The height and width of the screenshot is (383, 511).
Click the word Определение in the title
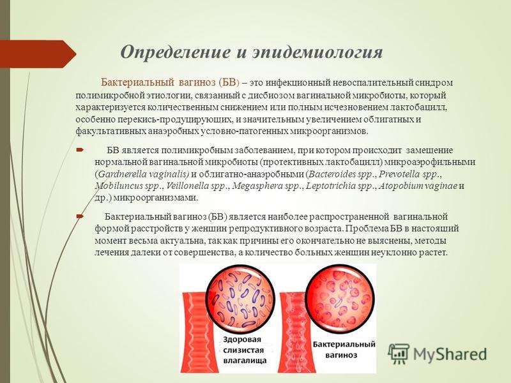pos(175,52)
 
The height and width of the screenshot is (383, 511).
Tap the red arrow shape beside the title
pos(38,54)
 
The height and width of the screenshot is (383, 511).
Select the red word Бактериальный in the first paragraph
pos(137,82)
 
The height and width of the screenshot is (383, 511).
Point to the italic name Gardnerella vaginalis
pos(143,174)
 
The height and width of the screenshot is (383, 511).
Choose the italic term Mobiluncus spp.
pos(128,186)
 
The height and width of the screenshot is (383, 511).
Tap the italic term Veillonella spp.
pos(197,186)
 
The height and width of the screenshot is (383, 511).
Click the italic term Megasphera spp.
pos(266,186)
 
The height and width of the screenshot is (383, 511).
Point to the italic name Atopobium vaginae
pos(418,186)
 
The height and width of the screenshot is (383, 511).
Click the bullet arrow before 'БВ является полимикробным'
pos(80,151)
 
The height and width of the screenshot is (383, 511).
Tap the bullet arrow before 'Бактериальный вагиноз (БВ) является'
pos(80,216)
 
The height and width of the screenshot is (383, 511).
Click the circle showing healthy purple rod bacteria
pos(240,299)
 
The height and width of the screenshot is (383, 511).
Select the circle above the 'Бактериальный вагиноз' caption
pos(340,299)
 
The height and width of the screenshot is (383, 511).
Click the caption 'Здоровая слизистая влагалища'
pos(245,350)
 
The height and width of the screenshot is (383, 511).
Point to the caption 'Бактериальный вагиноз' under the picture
pos(344,349)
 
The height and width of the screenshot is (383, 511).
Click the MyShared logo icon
pos(398,354)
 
